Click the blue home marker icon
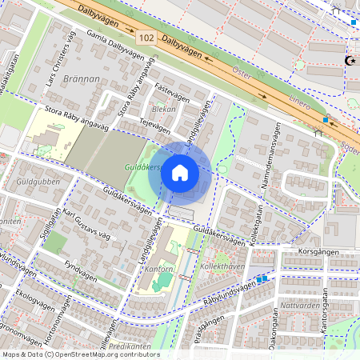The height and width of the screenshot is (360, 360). tap(180, 172)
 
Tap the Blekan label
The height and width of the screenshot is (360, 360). tap(162, 107)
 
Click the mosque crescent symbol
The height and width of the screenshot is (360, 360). tap(349, 60)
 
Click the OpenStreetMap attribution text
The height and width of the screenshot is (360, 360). tap(80, 354)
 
